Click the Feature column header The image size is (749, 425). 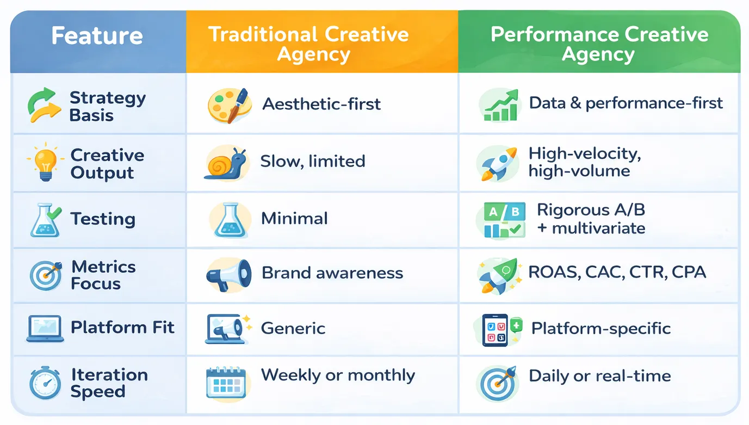click(x=97, y=36)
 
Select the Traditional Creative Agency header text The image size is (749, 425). click(x=309, y=44)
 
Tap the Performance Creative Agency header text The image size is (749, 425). click(x=599, y=44)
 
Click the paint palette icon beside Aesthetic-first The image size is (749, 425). click(x=229, y=105)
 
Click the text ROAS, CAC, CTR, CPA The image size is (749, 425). click(x=617, y=272)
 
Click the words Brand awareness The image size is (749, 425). click(x=332, y=273)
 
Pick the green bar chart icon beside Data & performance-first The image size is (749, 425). click(x=499, y=106)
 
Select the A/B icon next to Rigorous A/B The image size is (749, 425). click(x=500, y=220)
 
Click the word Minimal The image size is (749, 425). click(x=294, y=219)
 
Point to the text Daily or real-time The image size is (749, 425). click(x=600, y=376)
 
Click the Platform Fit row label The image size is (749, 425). click(x=122, y=328)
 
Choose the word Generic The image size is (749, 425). click(x=293, y=329)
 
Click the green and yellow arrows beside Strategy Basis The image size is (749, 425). click(x=42, y=104)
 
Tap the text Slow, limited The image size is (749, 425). click(x=312, y=162)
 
